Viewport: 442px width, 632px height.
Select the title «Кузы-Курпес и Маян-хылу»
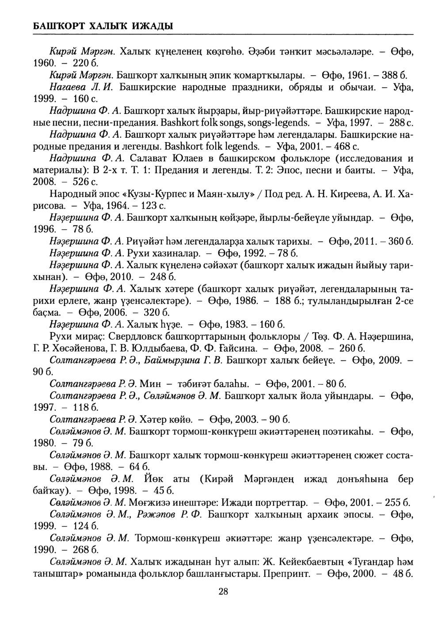click(183, 194)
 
